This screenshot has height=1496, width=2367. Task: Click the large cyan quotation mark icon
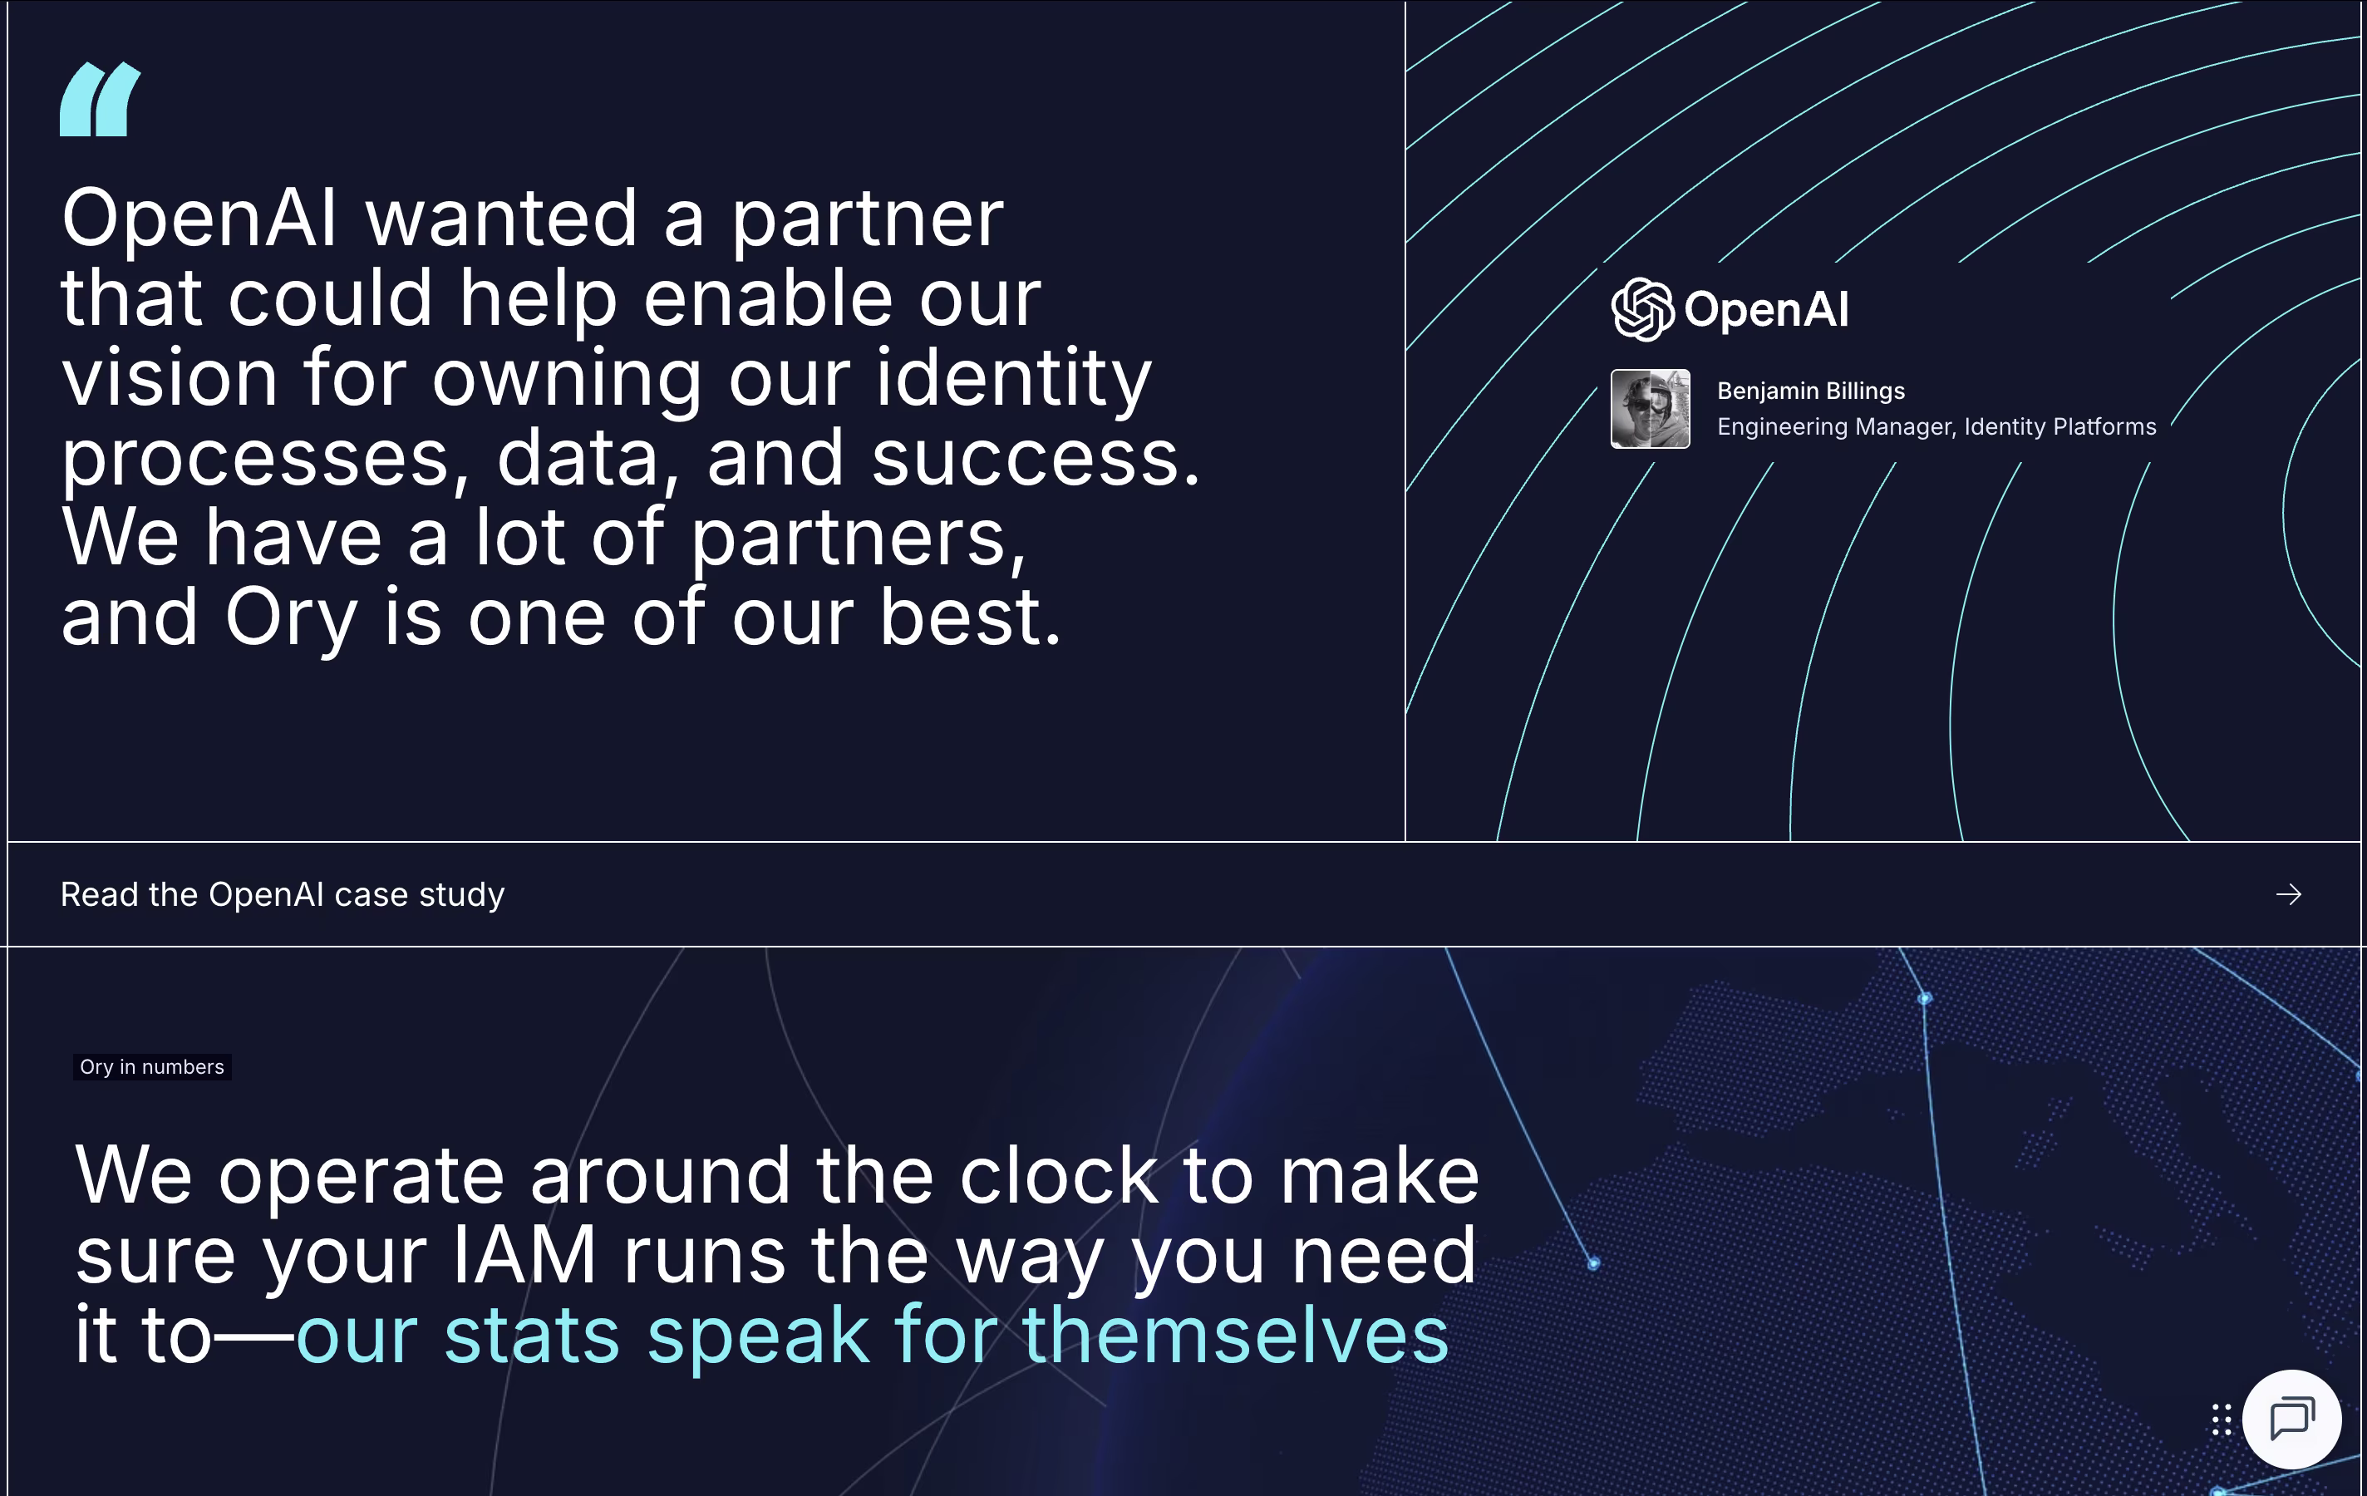[x=99, y=99]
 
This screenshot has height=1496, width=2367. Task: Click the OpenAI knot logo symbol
[x=1642, y=310]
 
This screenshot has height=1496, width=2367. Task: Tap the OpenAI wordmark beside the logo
[x=1766, y=310]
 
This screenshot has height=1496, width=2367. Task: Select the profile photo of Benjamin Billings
[x=1651, y=409]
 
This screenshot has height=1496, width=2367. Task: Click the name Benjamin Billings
[x=1811, y=391]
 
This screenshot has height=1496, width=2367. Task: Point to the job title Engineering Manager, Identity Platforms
[x=1936, y=426]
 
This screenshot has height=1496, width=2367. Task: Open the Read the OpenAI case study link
[x=282, y=894]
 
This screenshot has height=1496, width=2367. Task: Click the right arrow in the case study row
[x=2288, y=894]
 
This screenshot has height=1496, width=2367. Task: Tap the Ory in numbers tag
[x=152, y=1066]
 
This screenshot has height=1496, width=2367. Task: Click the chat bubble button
[x=2291, y=1420]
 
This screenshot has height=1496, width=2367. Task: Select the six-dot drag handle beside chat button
[x=2222, y=1420]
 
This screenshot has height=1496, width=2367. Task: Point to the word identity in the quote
[x=1013, y=378]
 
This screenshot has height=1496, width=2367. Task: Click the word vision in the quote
[x=170, y=378]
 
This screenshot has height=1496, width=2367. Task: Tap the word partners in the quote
[x=859, y=539]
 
